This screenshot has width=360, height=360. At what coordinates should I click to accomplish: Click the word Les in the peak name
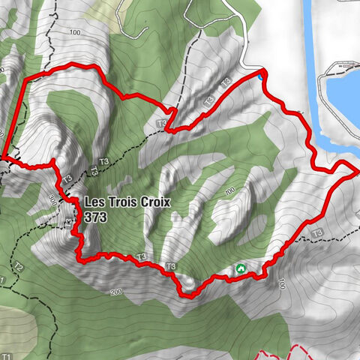94,202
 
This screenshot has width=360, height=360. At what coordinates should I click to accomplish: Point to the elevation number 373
95,216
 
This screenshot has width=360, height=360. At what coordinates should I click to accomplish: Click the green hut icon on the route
241,268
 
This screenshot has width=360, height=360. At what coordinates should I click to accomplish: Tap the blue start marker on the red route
261,76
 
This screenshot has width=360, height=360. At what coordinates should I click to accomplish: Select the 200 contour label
115,291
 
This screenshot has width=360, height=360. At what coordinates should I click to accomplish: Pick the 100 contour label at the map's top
73,33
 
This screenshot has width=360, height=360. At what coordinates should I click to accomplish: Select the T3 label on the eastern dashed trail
318,232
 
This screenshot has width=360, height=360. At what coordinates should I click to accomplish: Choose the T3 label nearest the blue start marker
226,82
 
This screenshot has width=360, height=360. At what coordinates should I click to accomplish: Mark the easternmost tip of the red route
355,170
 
